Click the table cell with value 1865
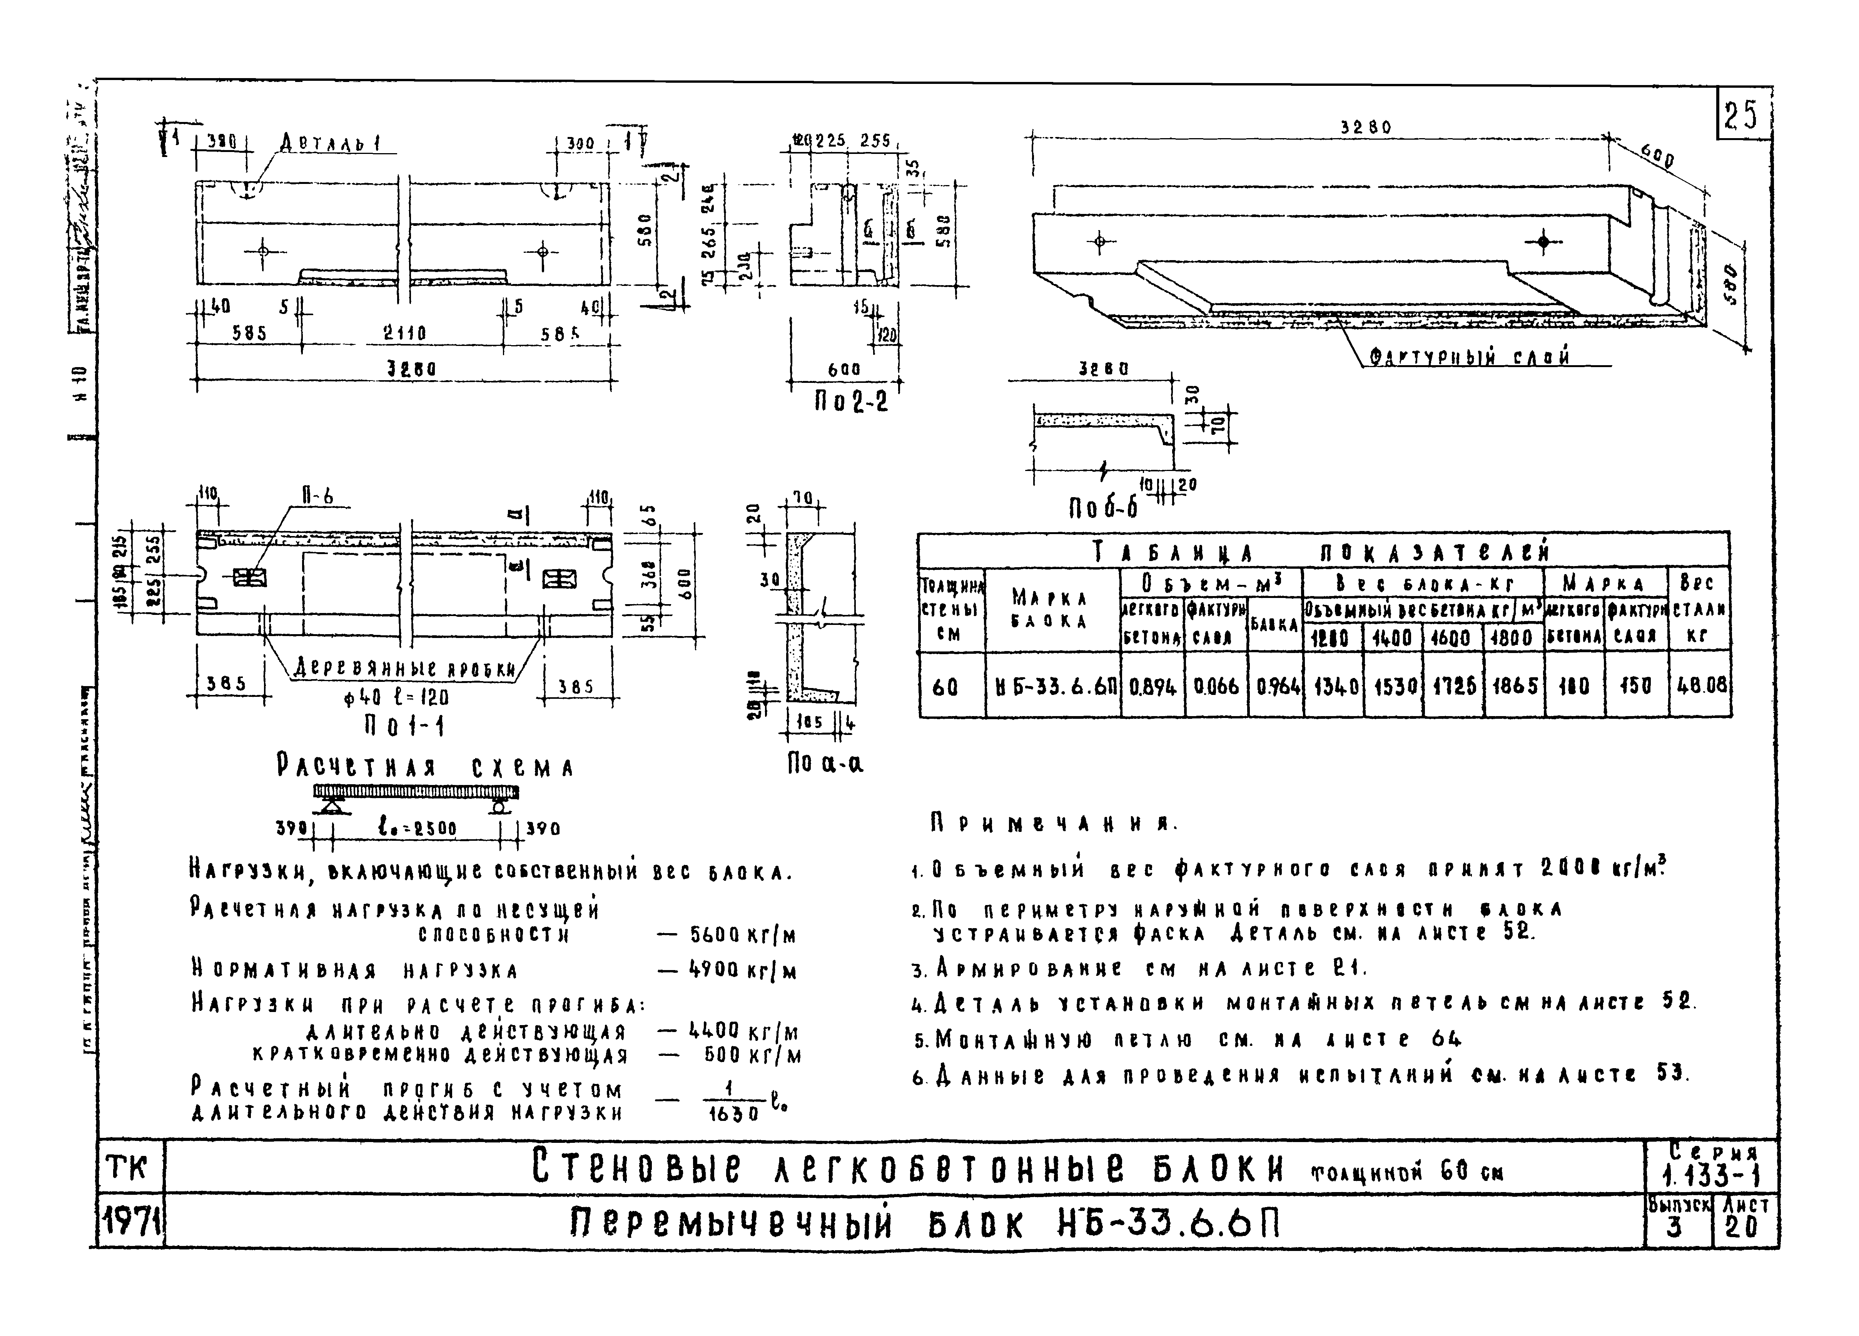pos(1513,685)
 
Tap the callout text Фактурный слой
pos(1470,357)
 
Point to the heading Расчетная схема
pos(424,768)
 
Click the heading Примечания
pos(1053,824)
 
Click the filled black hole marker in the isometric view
pos(1543,242)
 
